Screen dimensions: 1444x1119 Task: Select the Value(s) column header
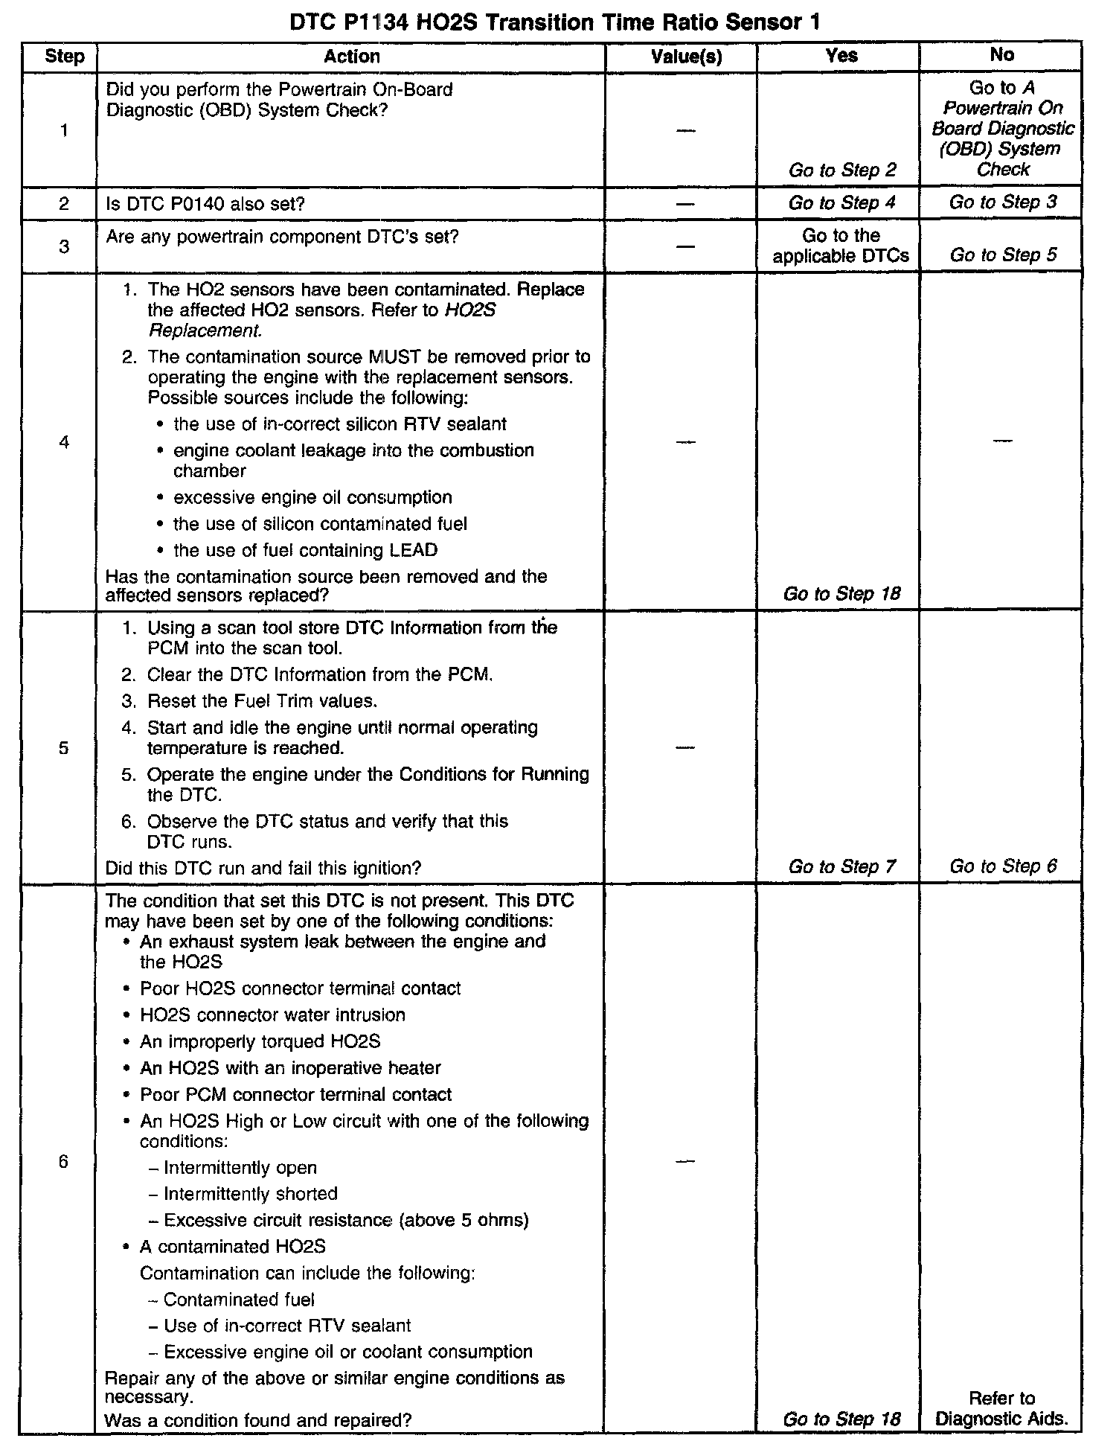coord(686,57)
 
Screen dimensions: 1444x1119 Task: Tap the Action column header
coord(351,57)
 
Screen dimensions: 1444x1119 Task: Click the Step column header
coord(64,57)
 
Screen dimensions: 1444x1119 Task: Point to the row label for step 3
coord(64,246)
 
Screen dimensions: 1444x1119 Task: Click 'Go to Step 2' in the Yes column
coord(842,170)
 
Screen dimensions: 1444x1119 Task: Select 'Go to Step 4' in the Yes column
coord(842,202)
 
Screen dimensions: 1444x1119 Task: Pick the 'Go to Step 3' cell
coord(1002,202)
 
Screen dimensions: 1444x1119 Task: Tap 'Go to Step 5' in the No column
coord(1002,255)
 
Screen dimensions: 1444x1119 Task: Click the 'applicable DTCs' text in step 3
coord(841,256)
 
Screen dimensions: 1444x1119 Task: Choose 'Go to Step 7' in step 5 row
coord(842,866)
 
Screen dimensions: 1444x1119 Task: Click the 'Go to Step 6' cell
coord(1002,866)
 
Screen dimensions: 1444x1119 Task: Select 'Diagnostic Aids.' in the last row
coord(1001,1419)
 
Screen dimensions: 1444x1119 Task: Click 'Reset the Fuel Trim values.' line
coord(262,701)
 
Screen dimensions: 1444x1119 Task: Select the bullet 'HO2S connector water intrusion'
coord(272,1015)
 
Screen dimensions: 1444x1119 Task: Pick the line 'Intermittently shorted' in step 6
coord(250,1194)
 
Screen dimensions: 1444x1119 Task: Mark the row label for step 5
coord(64,747)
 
